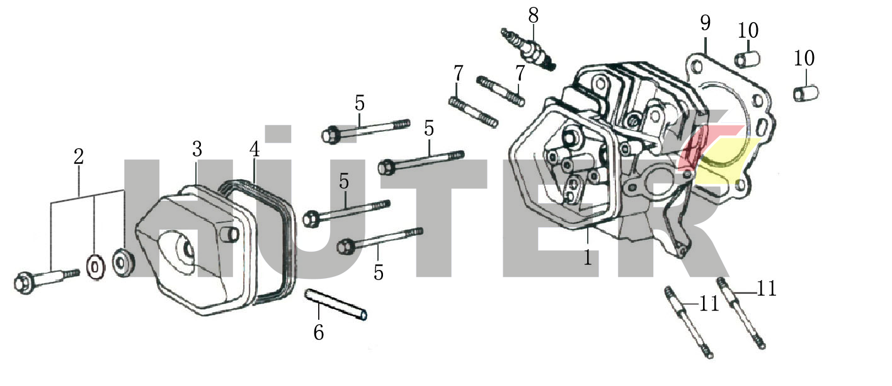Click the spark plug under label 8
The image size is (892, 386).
pyautogui.click(x=528, y=49)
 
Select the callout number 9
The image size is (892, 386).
pyautogui.click(x=706, y=23)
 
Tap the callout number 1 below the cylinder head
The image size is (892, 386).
pyautogui.click(x=588, y=257)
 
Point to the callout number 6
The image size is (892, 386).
pyautogui.click(x=319, y=332)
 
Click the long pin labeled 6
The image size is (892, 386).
pyautogui.click(x=335, y=305)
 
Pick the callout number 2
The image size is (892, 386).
pyautogui.click(x=79, y=156)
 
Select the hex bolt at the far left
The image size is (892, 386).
pyautogui.click(x=46, y=278)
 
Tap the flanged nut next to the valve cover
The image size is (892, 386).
pyautogui.click(x=123, y=262)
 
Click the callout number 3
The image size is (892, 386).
pyautogui.click(x=197, y=149)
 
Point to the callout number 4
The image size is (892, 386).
pyautogui.click(x=254, y=149)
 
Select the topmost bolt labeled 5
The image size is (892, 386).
pyautogui.click(x=365, y=129)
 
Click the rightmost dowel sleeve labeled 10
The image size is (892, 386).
pyautogui.click(x=806, y=93)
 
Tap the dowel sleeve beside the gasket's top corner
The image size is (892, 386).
pyautogui.click(x=747, y=59)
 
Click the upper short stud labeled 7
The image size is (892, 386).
pyautogui.click(x=500, y=91)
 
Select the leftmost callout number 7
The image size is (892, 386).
pyautogui.click(x=459, y=73)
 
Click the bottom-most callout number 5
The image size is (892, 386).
pyautogui.click(x=379, y=272)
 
